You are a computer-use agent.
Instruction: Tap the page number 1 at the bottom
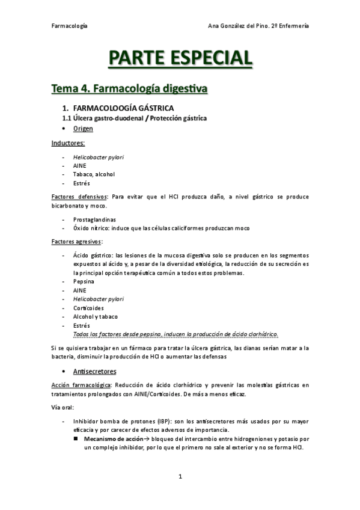point(180,477)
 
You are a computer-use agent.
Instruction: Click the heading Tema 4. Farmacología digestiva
point(129,89)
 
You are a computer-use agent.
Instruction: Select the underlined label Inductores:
point(68,143)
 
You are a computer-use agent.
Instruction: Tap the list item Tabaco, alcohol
point(93,174)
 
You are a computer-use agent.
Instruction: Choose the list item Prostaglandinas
point(94,220)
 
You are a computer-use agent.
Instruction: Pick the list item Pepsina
point(83,281)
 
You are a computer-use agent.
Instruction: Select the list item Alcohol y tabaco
point(95,316)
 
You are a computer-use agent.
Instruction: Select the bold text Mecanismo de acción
point(112,439)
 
